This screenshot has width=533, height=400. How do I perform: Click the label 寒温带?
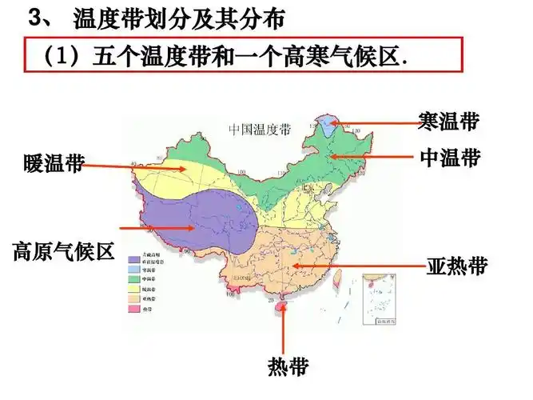pos(448,121)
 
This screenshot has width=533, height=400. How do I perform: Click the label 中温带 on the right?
pos(450,157)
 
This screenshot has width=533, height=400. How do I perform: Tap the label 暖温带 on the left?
pos(54,165)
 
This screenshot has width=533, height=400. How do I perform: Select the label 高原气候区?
pos(63,252)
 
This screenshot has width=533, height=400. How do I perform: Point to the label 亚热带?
pos(455,266)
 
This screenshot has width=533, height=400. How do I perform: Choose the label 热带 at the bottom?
pos(286,367)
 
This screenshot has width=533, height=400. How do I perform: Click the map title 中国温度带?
pos(260,129)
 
